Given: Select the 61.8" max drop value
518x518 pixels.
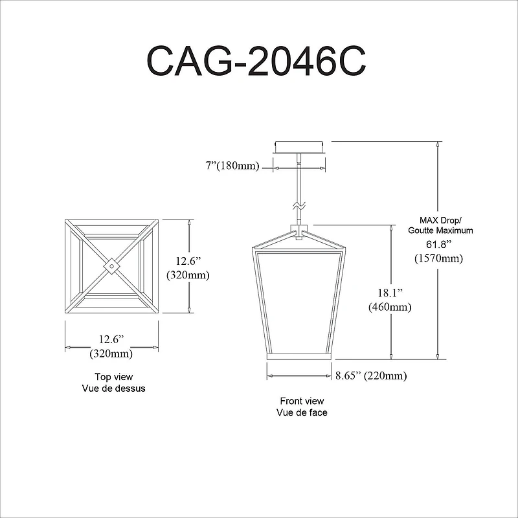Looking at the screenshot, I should pyautogui.click(x=438, y=244).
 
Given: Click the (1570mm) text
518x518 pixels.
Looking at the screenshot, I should pyautogui.click(x=438, y=258).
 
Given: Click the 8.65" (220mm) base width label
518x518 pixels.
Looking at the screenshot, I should pyautogui.click(x=371, y=376).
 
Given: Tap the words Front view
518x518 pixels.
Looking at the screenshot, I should pyautogui.click(x=302, y=401).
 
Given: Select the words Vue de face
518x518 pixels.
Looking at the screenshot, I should pyautogui.click(x=302, y=412).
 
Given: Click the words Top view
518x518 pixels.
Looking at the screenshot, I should pyautogui.click(x=113, y=377).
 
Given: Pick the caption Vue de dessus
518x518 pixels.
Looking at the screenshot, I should pyautogui.click(x=113, y=388).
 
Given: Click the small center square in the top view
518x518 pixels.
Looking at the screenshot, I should pyautogui.click(x=111, y=265).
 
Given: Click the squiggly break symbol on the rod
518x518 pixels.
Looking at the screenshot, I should pyautogui.click(x=298, y=205).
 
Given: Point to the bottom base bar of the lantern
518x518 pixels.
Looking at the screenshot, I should pyautogui.click(x=299, y=357).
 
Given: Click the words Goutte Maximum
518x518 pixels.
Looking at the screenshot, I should pyautogui.click(x=440, y=230).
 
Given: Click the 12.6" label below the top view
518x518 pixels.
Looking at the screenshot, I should pyautogui.click(x=111, y=339).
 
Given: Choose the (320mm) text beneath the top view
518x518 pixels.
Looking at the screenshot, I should pyautogui.click(x=111, y=354).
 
